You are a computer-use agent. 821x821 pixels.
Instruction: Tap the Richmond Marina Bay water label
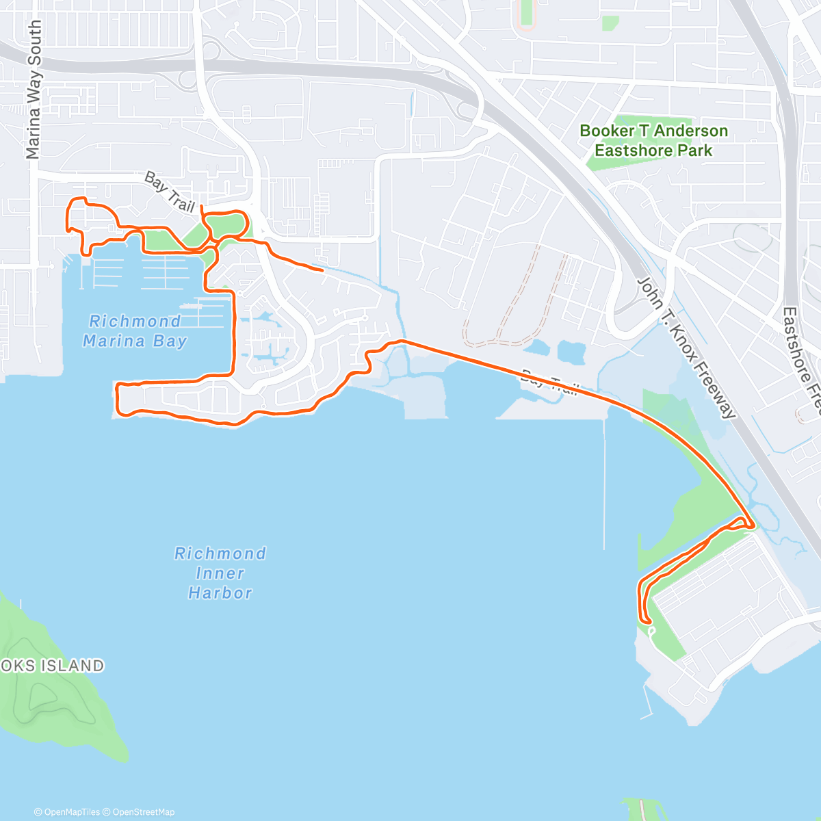(135, 331)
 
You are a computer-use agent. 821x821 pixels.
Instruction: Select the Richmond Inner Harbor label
(220, 573)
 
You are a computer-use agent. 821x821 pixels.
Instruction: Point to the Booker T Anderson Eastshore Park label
(653, 140)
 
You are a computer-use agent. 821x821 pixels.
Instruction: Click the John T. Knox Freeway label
(686, 348)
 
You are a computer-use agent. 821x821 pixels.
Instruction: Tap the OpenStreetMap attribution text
(143, 812)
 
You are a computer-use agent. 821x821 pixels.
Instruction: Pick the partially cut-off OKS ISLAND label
(52, 666)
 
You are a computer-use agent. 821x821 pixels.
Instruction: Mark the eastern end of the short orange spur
(323, 271)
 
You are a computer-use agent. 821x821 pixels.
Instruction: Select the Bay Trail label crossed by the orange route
(549, 383)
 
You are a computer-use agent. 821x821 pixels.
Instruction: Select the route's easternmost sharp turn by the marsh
(753, 525)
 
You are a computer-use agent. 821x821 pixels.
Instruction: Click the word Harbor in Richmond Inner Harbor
(220, 593)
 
